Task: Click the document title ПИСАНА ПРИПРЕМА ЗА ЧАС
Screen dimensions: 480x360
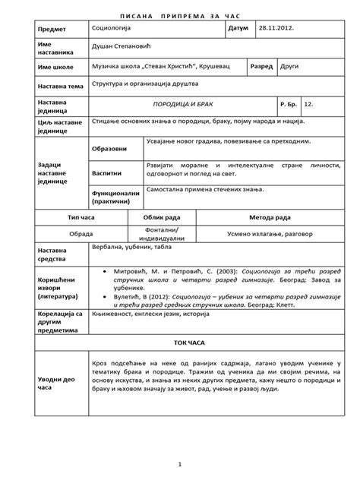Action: [x=180, y=14]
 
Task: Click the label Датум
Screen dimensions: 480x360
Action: [x=238, y=28]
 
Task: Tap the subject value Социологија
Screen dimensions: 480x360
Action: [x=112, y=28]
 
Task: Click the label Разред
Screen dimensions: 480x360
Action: [x=262, y=67]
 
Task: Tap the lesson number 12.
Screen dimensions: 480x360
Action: [x=308, y=102]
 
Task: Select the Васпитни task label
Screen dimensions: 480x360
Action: [x=107, y=172]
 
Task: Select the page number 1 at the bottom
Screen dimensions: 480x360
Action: [x=180, y=463]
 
